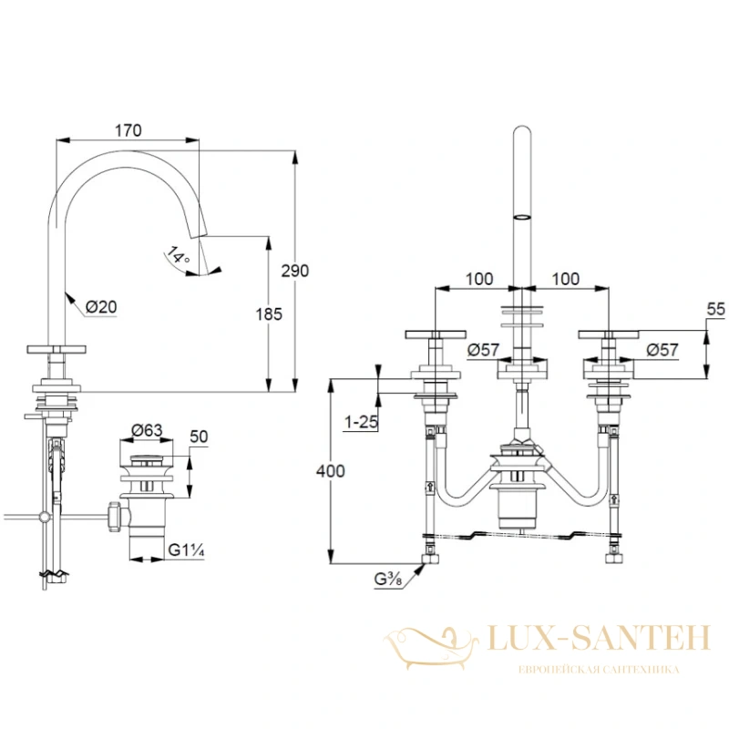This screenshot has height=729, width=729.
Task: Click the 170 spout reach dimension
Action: point(128,130)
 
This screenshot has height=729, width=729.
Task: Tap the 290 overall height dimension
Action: point(294,271)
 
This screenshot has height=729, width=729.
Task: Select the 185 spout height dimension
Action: point(269,314)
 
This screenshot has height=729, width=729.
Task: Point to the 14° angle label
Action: point(178,256)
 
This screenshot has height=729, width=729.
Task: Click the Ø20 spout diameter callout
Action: point(101,307)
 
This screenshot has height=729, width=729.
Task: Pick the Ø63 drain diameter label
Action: point(147,430)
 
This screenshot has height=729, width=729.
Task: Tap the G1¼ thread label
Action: point(186,550)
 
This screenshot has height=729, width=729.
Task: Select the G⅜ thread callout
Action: point(388,580)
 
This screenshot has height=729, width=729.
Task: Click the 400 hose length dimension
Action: point(331,471)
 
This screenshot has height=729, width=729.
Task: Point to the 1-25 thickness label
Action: point(361,422)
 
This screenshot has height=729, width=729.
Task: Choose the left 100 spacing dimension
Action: point(479,279)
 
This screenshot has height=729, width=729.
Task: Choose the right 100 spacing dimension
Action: point(565,279)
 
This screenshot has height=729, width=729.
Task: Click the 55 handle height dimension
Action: point(715,309)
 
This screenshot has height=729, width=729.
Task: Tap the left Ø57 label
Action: point(483,350)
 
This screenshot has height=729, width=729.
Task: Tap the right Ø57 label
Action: point(662,350)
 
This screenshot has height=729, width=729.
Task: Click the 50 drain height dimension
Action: point(199,436)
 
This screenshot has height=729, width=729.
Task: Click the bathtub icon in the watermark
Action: point(431,647)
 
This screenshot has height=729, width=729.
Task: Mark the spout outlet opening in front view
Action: point(522,217)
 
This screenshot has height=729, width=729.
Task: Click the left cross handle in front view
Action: point(436,334)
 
